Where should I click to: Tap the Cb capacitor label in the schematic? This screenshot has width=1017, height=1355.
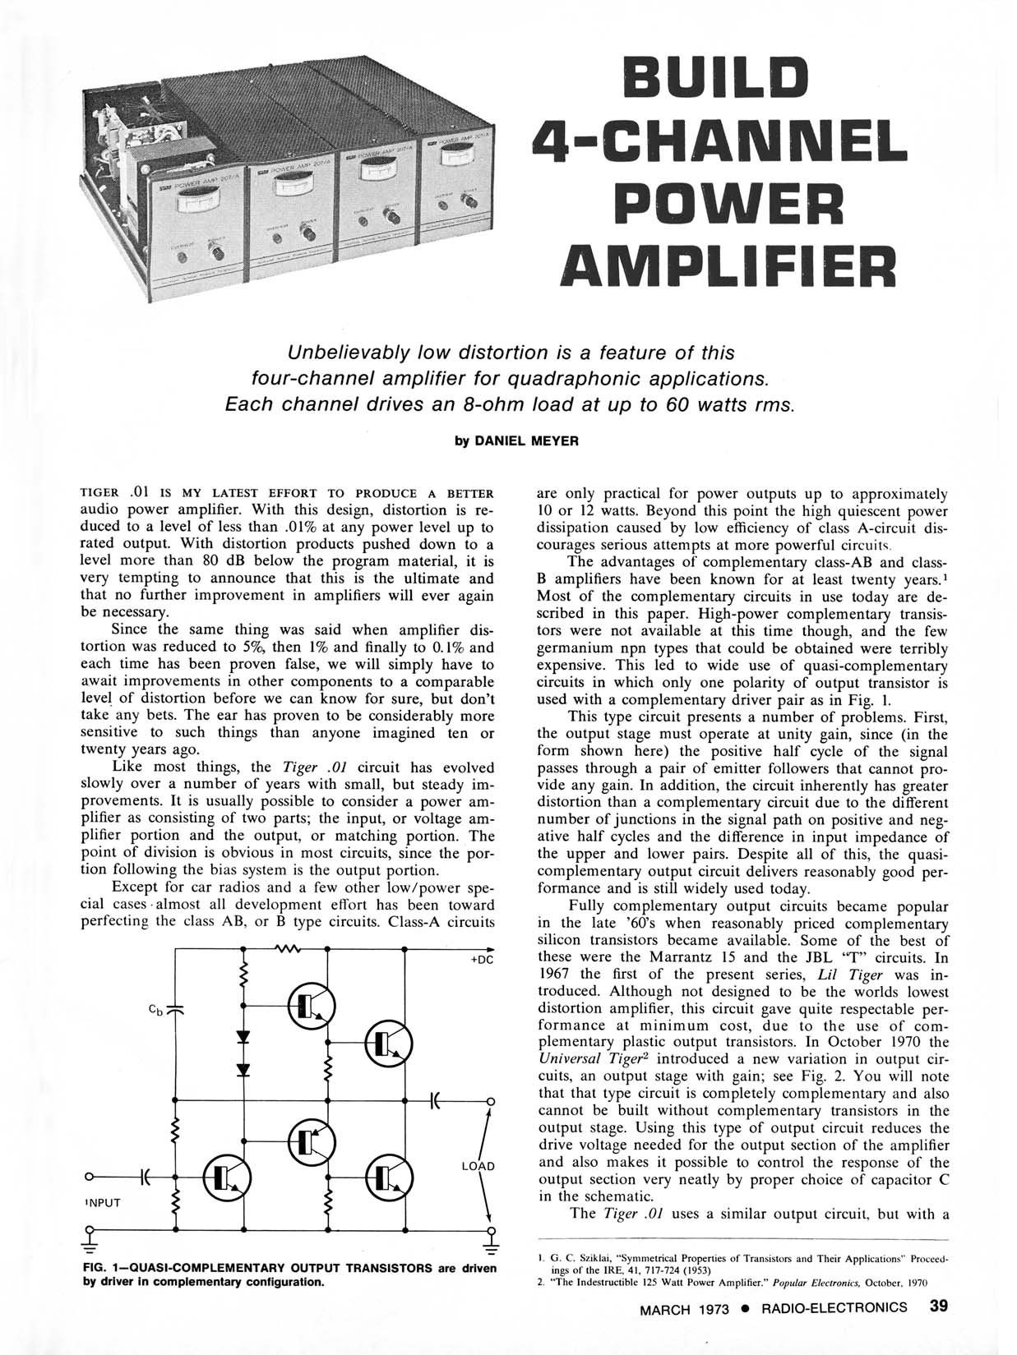[155, 1010]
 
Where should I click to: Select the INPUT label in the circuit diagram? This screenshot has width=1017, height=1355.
[103, 1202]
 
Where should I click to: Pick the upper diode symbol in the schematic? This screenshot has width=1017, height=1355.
[243, 1033]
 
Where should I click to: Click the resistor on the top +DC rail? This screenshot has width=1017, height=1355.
[284, 948]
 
